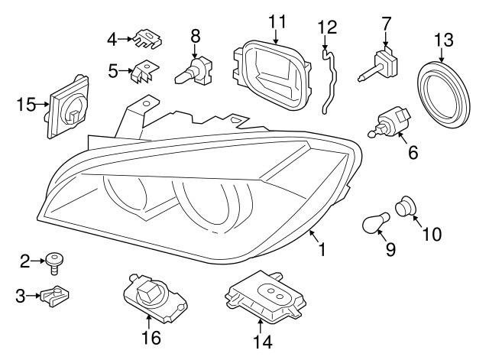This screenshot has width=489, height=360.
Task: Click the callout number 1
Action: (322, 249)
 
